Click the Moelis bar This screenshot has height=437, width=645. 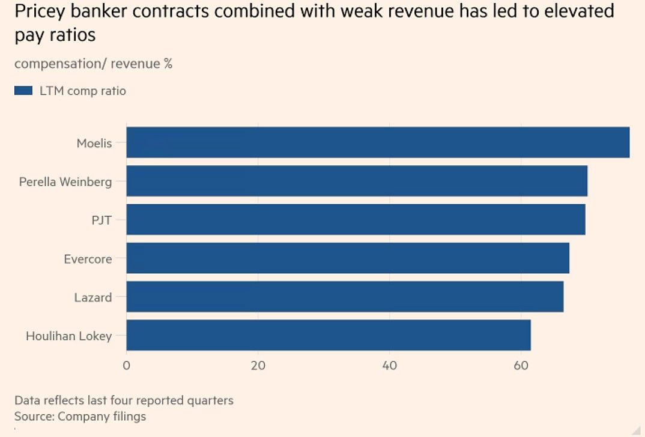tap(378, 142)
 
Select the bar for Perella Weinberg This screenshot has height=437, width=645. tap(357, 181)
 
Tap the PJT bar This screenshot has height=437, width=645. tap(356, 219)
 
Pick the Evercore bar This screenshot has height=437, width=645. tap(348, 258)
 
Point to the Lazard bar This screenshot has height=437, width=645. tap(345, 296)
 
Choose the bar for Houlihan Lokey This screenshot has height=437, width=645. tap(329, 335)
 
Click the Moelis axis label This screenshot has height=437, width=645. tap(94, 144)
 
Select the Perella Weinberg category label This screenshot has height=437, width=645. tap(65, 182)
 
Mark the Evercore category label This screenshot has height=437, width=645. tap(88, 259)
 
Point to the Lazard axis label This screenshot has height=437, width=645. tap(92, 297)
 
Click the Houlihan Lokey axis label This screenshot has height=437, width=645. tap(68, 336)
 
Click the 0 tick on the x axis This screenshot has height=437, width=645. tap(127, 365)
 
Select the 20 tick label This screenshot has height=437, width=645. tap(258, 365)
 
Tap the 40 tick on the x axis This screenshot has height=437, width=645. tap(389, 365)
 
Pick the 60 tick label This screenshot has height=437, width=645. tap(521, 365)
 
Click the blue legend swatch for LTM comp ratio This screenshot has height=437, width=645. tap(23, 91)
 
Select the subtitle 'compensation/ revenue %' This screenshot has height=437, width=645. tap(93, 63)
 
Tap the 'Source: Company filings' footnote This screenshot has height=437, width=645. tap(80, 416)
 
